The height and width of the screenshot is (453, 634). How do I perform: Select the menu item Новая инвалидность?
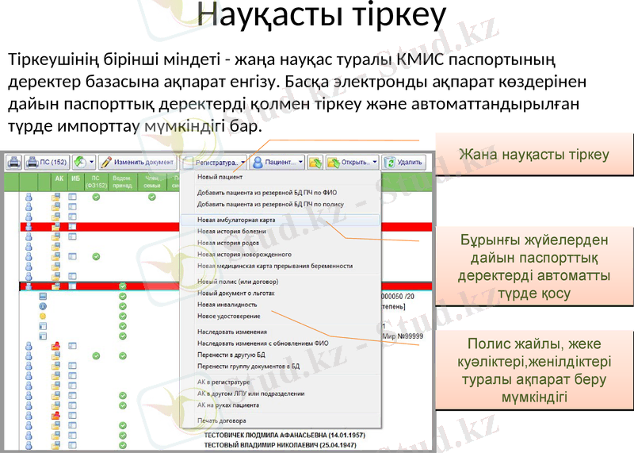point(227,305)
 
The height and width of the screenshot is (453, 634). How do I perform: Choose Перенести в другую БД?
point(234,355)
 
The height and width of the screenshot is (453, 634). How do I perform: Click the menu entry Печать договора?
point(221,420)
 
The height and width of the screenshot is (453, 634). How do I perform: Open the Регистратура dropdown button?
point(214,162)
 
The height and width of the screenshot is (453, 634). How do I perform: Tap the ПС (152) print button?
point(47,162)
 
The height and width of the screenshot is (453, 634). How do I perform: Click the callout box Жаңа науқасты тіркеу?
point(533,155)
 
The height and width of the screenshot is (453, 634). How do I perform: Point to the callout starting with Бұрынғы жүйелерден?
point(533,266)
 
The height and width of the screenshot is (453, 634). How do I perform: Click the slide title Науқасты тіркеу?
point(321,16)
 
